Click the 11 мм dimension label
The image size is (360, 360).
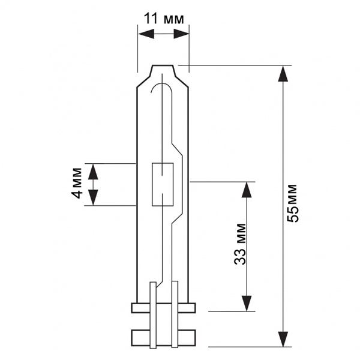click(x=164, y=19)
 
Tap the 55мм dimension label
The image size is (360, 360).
click(x=293, y=203)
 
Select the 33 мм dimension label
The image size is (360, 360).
click(x=240, y=244)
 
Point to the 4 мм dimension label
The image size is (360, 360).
click(x=76, y=183)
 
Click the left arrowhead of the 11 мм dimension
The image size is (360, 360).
click(x=146, y=34)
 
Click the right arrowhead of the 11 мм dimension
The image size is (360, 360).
click(x=181, y=34)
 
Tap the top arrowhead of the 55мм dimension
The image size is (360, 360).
click(x=283, y=74)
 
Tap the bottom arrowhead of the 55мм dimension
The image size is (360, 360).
click(x=283, y=339)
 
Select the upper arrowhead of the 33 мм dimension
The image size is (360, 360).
click(x=247, y=190)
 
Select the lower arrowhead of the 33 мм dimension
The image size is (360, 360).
click(x=247, y=303)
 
